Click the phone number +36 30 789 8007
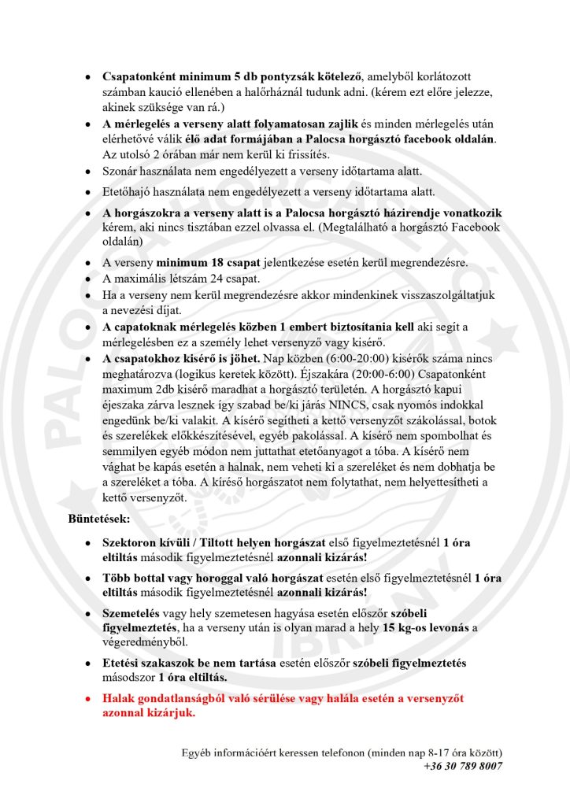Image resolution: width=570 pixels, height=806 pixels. [462, 766]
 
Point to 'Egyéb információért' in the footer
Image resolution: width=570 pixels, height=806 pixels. [232, 752]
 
